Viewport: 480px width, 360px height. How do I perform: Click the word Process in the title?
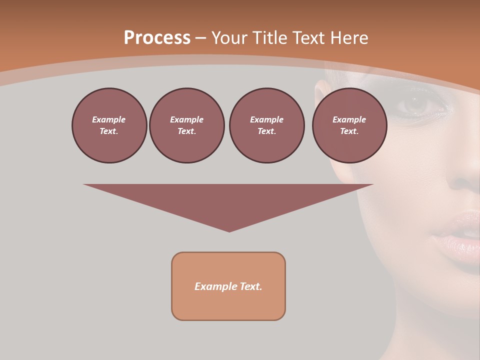[157, 38]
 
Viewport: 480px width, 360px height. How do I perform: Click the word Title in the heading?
[269, 38]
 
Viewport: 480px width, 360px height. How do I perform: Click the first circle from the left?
[109, 125]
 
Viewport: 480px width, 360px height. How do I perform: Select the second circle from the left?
[186, 125]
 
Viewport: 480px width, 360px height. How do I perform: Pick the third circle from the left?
[266, 125]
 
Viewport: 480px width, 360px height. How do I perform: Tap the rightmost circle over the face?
[349, 125]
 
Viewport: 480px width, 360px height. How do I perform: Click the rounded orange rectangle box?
[228, 286]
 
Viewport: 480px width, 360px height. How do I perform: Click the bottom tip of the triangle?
[229, 230]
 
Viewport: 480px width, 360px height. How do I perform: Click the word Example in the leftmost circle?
[109, 119]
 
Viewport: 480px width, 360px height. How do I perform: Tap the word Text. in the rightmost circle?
[349, 131]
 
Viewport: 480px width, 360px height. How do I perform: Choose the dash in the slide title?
[200, 38]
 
